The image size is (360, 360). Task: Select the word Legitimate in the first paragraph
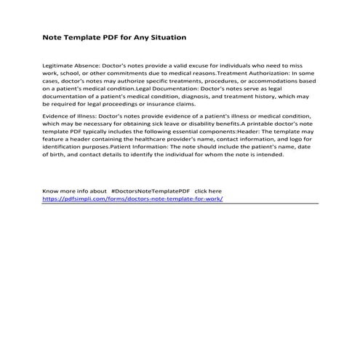58,65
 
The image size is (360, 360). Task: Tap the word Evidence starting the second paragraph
56,116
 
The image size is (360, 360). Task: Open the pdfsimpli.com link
132,199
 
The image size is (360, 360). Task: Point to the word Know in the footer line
51,191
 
